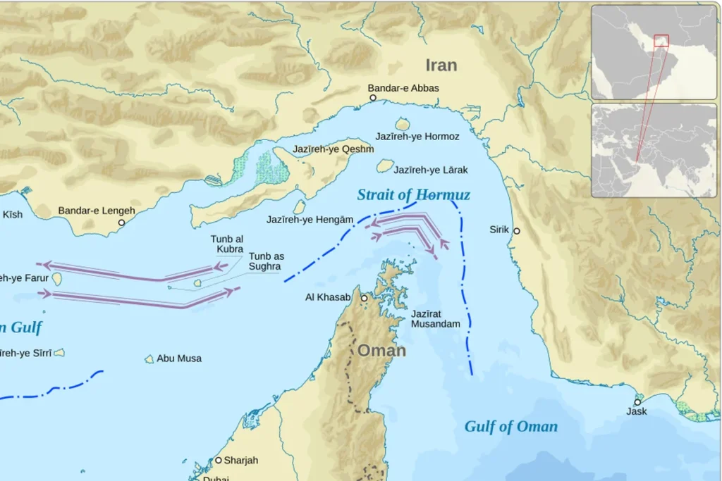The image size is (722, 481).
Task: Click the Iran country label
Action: pos(441,65)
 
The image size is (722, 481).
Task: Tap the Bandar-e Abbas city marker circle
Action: pos(373,98)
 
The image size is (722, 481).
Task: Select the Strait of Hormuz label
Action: pos(413,195)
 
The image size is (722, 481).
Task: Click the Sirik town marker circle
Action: pos(517,231)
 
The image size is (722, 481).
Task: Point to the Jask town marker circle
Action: pos(637,402)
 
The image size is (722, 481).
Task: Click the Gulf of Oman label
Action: pos(510,426)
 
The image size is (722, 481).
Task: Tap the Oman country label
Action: pos(381,350)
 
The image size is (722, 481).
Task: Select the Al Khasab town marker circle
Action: pos(365,299)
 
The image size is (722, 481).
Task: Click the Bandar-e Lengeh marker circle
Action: pos(121,223)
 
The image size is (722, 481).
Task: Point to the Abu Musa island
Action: pos(149,359)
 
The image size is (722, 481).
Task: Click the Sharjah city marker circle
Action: pos(219,460)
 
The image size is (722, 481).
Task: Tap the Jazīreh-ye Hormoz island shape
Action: pos(403,124)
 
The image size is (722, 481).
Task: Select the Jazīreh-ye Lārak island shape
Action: pos(384,165)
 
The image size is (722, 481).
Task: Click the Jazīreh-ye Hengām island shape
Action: pos(300,206)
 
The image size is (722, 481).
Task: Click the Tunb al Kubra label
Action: pos(226,244)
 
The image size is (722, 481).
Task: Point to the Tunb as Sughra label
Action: pos(264,261)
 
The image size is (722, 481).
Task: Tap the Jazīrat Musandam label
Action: pos(435,318)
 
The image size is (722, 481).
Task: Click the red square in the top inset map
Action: pos(661,40)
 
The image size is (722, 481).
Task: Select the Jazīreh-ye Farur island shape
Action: pos(57,280)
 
